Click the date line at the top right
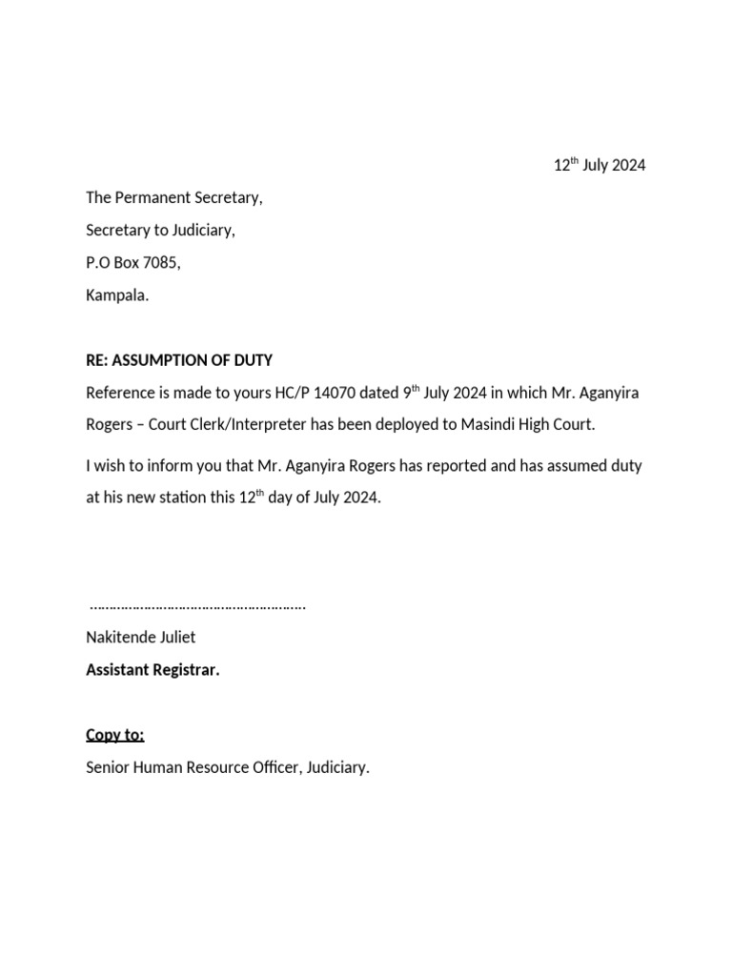pos(600,166)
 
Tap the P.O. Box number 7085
pos(159,263)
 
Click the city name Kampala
pos(116,295)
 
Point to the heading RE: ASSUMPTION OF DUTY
pos(179,360)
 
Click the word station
pos(177,498)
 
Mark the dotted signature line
pos(197,605)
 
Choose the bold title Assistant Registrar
pos(152,670)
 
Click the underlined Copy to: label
pos(115,735)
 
